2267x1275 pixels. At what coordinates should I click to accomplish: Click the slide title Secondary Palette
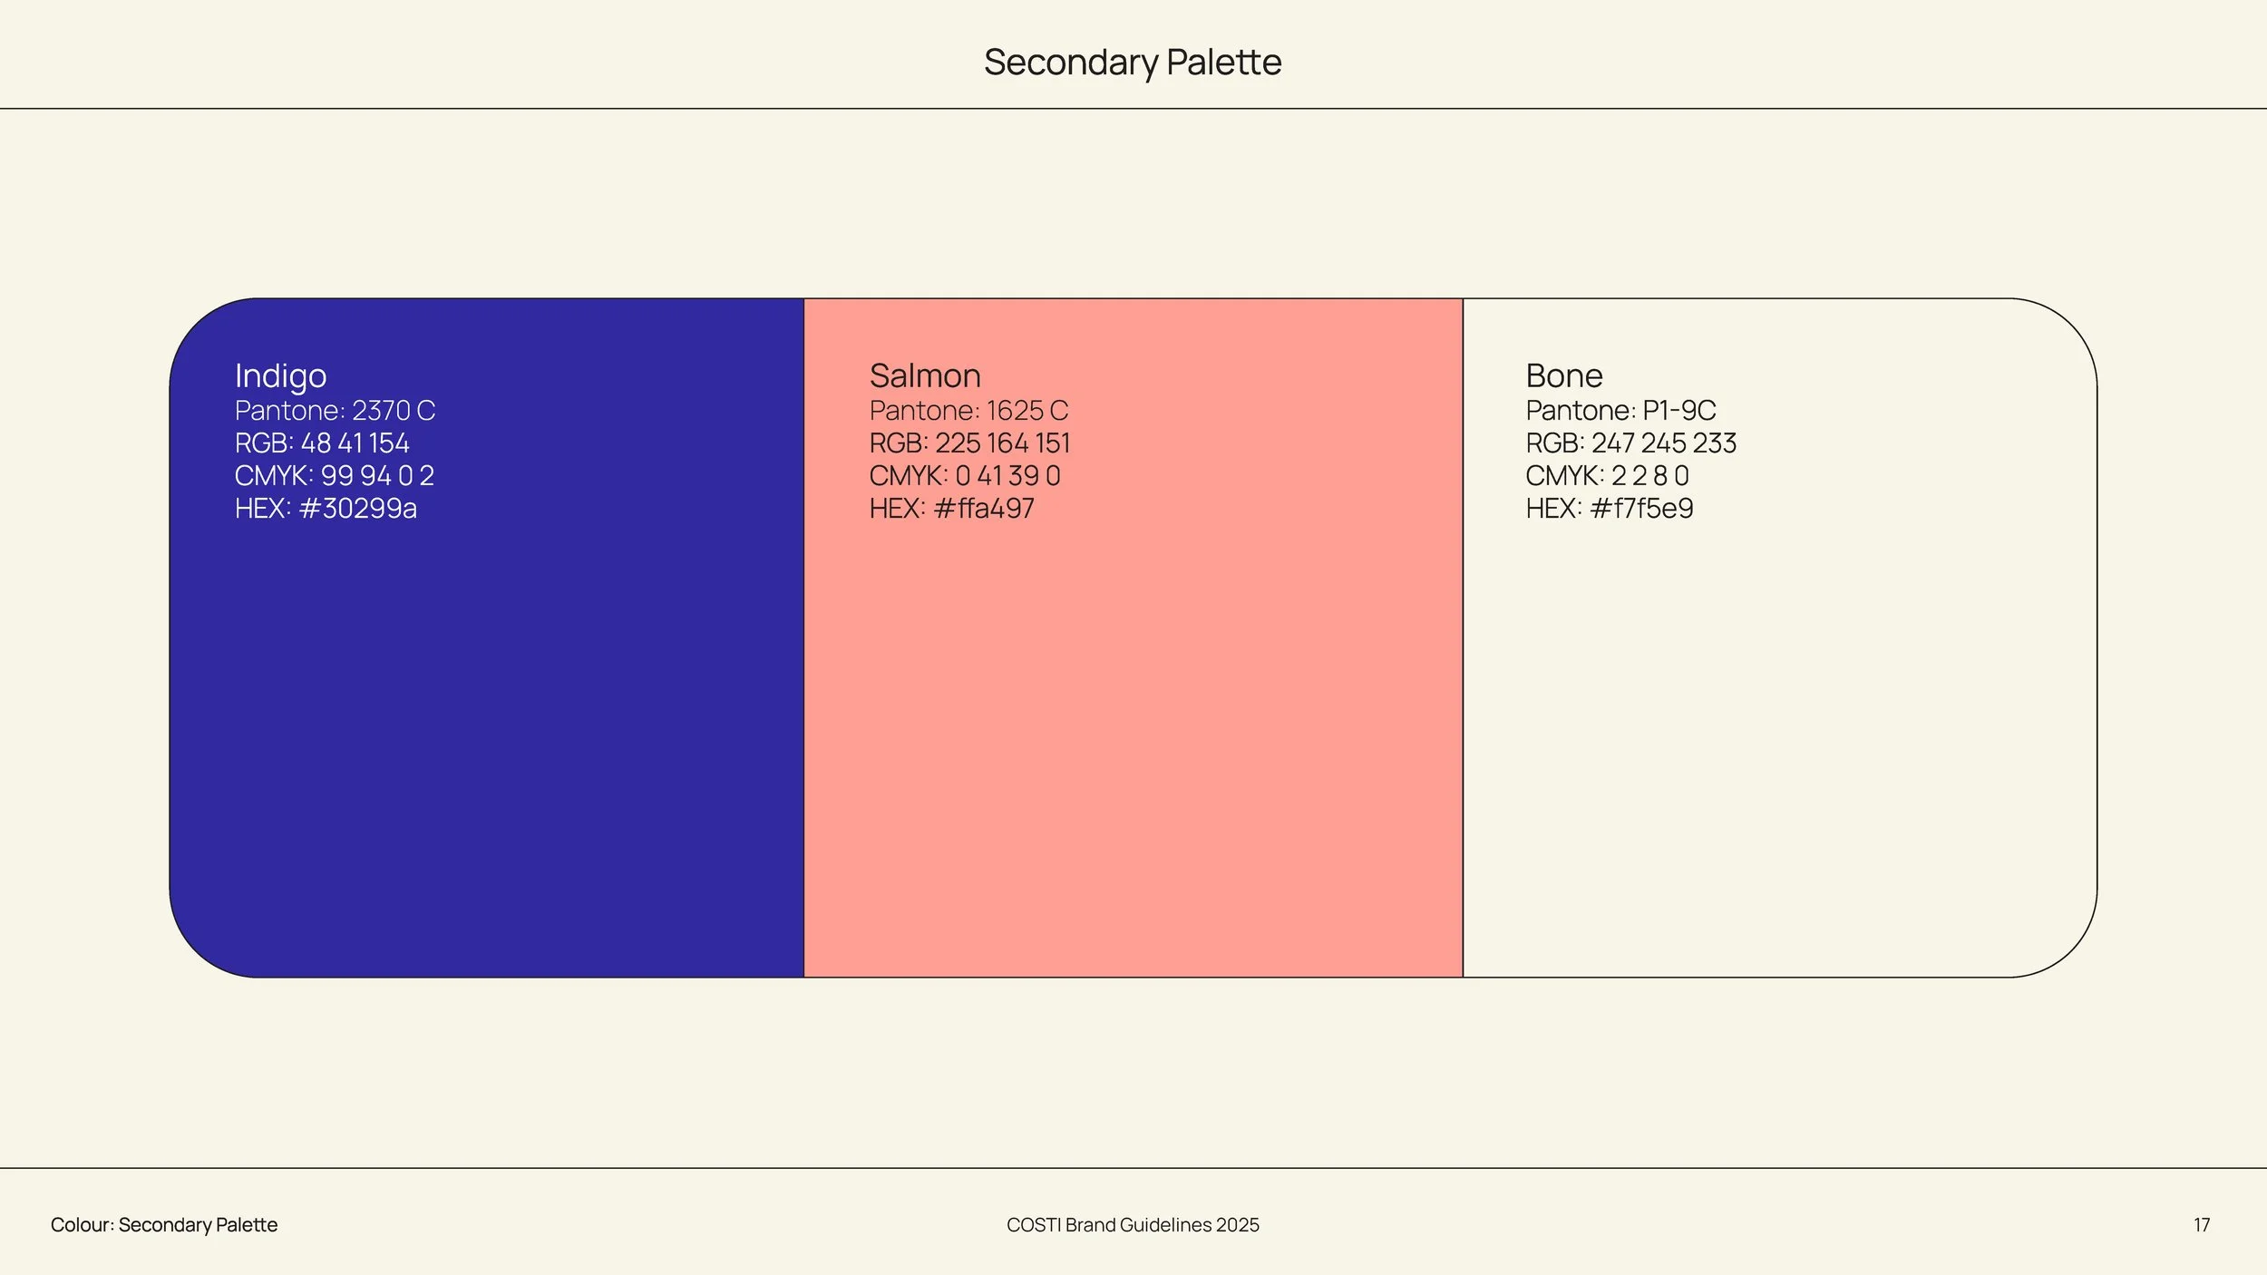(1133, 63)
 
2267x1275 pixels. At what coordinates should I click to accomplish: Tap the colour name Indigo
(280, 376)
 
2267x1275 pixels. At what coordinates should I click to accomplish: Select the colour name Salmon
(925, 375)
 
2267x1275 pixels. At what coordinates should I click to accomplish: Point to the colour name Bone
(1564, 375)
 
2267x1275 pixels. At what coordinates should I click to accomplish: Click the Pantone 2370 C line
(335, 411)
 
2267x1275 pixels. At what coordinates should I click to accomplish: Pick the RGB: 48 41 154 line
(322, 443)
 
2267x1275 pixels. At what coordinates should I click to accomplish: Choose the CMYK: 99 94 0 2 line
(335, 476)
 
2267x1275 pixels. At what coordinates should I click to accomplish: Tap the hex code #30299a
(357, 509)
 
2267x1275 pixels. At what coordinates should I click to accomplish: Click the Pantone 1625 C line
(968, 411)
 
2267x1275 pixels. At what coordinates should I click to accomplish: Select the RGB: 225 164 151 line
(969, 443)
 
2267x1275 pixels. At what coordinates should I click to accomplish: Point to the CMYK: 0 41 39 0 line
(965, 476)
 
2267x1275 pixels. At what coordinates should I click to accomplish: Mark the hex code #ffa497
(984, 509)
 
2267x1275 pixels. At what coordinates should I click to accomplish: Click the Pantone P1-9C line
(1620, 411)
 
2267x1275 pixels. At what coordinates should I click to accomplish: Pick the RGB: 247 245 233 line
(1631, 443)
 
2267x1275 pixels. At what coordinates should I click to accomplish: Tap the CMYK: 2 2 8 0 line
(1607, 476)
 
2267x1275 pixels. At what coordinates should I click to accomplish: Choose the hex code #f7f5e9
(1641, 509)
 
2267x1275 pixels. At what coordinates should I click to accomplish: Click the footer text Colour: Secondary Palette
(164, 1225)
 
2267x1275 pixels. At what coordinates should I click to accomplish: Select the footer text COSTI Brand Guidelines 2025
(1133, 1225)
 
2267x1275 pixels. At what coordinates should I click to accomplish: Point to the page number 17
(2202, 1225)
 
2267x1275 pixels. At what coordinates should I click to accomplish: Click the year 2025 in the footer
(1237, 1225)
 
